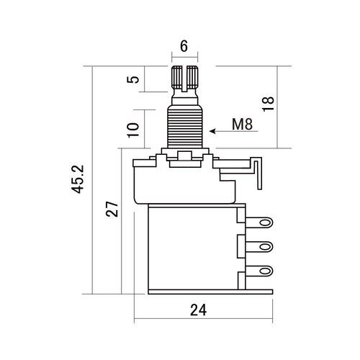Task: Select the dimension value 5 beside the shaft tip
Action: tap(131, 78)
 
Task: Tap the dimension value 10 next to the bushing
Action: tap(131, 129)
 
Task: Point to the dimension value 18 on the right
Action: tap(268, 106)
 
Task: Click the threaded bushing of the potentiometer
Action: tap(185, 126)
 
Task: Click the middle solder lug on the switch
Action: tap(262, 247)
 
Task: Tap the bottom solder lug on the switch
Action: tap(262, 271)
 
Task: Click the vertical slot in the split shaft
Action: tap(184, 76)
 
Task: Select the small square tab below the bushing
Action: tap(185, 158)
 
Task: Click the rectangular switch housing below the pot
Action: tap(191, 245)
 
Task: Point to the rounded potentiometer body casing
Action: tap(180, 184)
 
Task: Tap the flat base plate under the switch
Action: tap(209, 292)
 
